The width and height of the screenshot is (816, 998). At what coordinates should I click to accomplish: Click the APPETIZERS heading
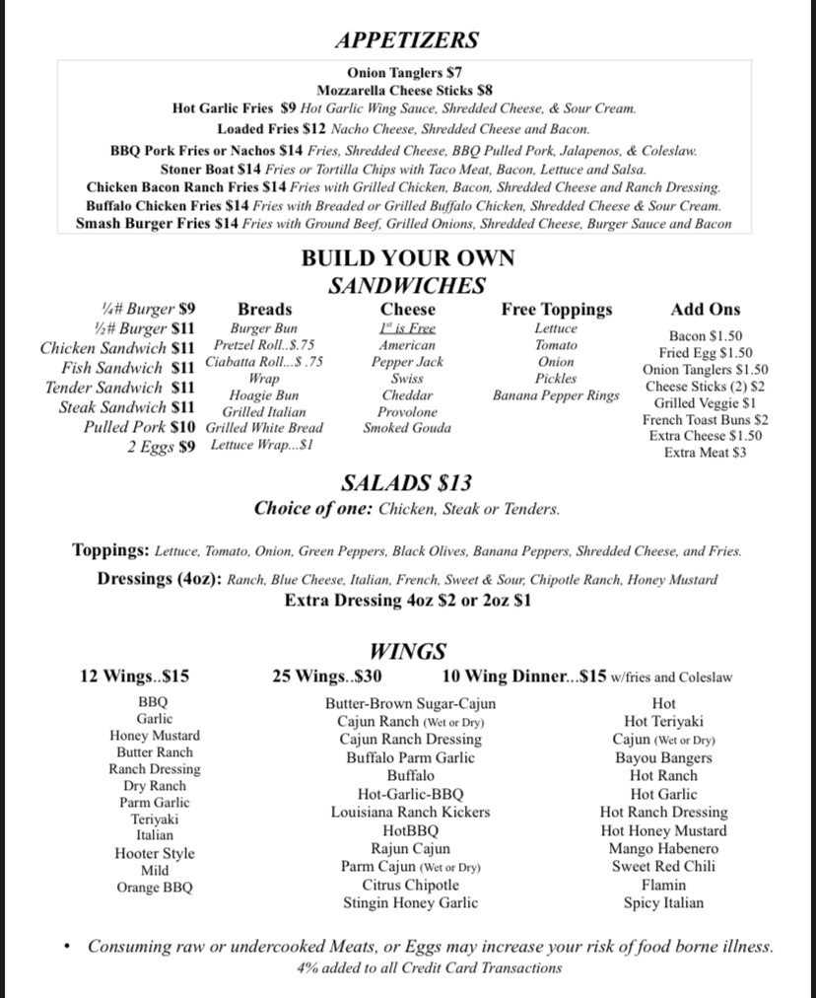406,40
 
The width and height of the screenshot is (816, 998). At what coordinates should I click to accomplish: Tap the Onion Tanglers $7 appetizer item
404,73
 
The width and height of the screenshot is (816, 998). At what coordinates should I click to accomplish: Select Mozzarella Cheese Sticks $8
404,90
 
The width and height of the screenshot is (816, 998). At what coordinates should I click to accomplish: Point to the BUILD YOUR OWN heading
407,258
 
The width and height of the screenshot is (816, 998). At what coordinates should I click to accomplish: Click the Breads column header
264,310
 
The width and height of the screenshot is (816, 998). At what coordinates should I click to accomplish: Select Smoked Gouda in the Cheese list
407,428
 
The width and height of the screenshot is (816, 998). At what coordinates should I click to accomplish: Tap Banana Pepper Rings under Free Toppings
556,395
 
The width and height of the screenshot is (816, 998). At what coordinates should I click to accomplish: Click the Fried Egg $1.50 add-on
706,353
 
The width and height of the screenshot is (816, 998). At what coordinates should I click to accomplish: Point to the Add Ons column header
706,310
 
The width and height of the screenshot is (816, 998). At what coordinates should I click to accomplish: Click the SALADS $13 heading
406,483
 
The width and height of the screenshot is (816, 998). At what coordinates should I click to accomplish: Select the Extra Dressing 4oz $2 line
407,600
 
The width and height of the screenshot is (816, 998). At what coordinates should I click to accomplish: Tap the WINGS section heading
407,652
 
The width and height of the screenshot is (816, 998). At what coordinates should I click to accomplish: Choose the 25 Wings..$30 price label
327,677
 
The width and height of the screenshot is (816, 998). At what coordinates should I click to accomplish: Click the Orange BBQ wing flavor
155,888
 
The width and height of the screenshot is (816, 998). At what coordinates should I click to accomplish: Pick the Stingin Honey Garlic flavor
410,902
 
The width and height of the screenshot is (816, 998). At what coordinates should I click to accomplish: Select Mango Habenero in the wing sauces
663,849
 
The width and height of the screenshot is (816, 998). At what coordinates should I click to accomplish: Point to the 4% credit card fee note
430,968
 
